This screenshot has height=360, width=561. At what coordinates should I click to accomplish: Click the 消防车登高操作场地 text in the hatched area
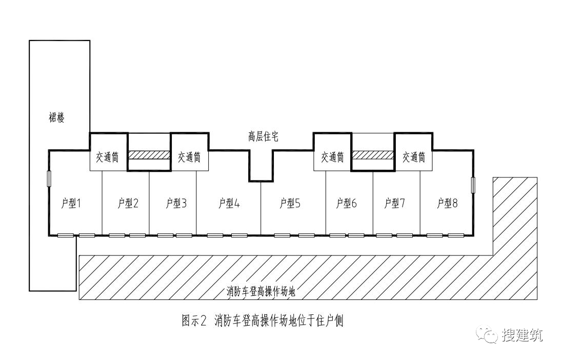tap(261, 292)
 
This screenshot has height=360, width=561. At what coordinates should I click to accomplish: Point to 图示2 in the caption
tap(194, 321)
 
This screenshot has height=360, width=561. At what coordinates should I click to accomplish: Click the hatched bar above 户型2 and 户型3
tap(149, 155)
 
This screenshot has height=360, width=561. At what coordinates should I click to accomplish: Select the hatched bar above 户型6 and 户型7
tap(373, 155)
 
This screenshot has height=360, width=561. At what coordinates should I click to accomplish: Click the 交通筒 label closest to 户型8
tap(413, 157)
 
